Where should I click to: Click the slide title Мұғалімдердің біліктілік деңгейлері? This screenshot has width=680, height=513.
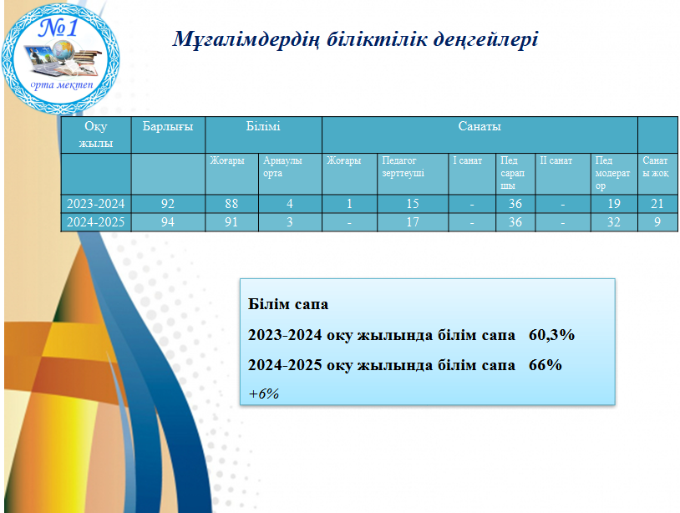[355, 40]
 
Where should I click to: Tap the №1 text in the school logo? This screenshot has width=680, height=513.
[58, 28]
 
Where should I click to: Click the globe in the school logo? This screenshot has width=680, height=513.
[64, 49]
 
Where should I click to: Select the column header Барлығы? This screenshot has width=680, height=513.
[168, 127]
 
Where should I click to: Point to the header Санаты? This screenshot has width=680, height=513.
[480, 126]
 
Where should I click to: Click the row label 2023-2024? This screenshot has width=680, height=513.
[95, 203]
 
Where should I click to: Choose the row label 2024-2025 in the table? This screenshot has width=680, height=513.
[95, 222]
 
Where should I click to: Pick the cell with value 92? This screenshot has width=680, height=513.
[168, 203]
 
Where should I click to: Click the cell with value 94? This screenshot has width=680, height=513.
[168, 222]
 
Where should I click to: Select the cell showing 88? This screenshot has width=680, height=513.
[231, 203]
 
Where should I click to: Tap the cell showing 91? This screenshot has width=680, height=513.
[231, 222]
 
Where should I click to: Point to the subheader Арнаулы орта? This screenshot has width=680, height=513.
[282, 166]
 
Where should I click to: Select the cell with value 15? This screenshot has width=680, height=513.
[413, 203]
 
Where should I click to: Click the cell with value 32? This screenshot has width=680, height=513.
[614, 222]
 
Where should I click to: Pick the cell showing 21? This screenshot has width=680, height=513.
[657, 203]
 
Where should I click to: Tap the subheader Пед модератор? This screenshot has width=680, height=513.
[612, 173]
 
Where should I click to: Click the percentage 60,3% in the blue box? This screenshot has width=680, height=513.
[551, 335]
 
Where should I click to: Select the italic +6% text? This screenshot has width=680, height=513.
[264, 394]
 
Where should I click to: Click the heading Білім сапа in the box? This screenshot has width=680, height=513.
[288, 304]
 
